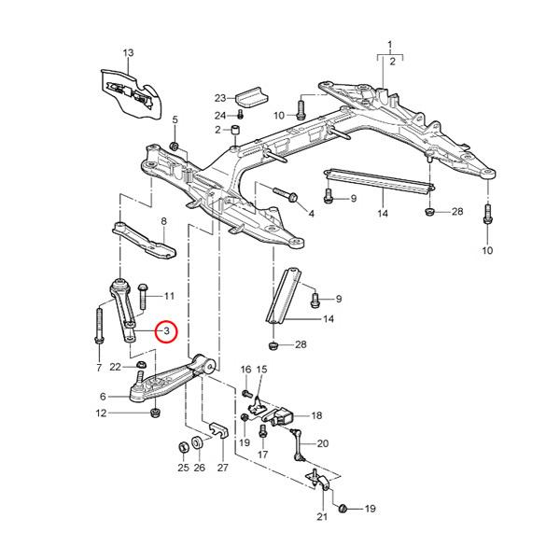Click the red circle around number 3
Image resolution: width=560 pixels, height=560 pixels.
tap(165, 331)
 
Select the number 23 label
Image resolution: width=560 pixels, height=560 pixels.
tap(220, 98)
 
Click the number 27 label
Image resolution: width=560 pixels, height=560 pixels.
tap(222, 468)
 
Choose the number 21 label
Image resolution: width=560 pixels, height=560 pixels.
tap(322, 517)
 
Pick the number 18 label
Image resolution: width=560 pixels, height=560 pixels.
tap(316, 415)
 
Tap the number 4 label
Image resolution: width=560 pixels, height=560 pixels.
tap(311, 214)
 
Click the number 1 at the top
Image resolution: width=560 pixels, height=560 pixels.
tap(390, 44)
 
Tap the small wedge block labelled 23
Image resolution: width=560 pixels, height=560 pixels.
tap(250, 96)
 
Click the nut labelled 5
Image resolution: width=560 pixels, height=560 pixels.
tap(175, 147)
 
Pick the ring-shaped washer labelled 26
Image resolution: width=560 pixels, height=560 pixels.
tap(198, 442)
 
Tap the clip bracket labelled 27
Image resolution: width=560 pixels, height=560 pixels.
tap(219, 432)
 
